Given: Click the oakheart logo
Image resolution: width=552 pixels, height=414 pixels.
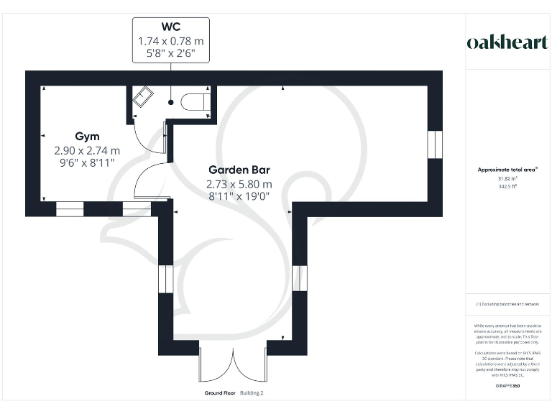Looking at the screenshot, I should click(507, 42).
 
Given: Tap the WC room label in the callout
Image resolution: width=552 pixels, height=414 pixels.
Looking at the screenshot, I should click(170, 27).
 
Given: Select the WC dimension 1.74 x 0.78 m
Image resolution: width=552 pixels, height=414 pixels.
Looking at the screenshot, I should click(170, 40).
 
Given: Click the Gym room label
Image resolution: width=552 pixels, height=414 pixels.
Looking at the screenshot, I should click(87, 137).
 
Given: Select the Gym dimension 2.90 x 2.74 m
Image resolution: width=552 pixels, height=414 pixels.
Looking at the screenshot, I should click(87, 151).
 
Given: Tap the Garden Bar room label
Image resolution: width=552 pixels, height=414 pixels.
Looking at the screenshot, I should click(239, 170).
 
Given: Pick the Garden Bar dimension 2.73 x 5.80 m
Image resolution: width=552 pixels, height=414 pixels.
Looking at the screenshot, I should click(239, 184).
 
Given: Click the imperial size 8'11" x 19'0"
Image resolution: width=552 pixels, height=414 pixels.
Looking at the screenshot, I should click(239, 197).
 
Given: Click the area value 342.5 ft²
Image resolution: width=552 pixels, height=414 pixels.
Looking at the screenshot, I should click(507, 186).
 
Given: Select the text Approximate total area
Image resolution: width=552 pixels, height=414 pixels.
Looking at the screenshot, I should click(507, 170).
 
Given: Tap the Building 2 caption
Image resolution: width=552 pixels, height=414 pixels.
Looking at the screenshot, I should click(252, 393).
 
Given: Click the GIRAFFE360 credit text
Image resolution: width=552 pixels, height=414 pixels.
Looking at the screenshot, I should click(507, 387).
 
